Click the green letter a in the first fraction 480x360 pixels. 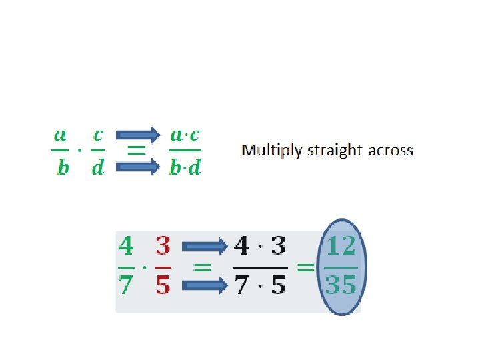(60, 136)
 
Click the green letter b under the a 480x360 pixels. (62, 168)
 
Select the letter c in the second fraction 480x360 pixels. (98, 136)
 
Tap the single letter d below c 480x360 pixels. (98, 168)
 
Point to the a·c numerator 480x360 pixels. (185, 136)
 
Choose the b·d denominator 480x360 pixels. (185, 168)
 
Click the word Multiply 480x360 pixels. (271, 151)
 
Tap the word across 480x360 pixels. (389, 151)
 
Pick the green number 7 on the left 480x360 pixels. (125, 285)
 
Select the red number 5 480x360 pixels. (163, 285)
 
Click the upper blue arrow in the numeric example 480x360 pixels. (205, 247)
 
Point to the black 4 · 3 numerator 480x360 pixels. (260, 247)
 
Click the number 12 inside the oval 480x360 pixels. (341, 247)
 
